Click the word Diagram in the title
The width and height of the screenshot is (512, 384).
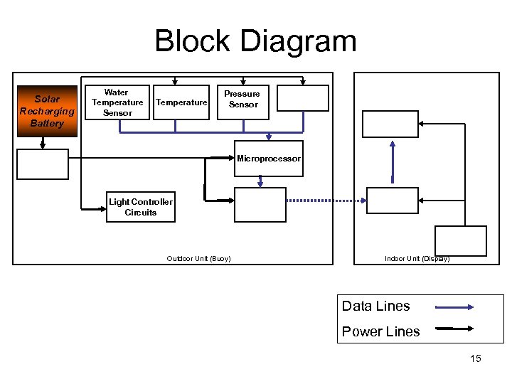[298, 41]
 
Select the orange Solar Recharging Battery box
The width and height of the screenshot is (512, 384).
[47, 111]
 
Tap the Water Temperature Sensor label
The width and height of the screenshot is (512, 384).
[117, 102]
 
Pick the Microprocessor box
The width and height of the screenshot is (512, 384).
[269, 159]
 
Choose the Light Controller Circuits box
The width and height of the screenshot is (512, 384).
[141, 207]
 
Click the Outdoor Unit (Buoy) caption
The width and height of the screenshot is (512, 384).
[198, 258]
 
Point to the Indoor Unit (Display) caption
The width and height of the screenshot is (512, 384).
[417, 258]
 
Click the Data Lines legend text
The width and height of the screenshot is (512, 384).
[376, 306]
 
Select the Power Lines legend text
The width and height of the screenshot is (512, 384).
[381, 331]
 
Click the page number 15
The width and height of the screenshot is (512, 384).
[476, 358]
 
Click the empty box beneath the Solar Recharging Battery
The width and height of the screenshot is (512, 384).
[43, 164]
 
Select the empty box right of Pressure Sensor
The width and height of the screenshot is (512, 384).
[303, 99]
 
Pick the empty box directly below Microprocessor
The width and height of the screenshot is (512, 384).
[260, 205]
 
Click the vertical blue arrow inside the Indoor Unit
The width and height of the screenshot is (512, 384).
[392, 162]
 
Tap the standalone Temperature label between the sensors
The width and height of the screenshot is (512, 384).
[181, 102]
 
